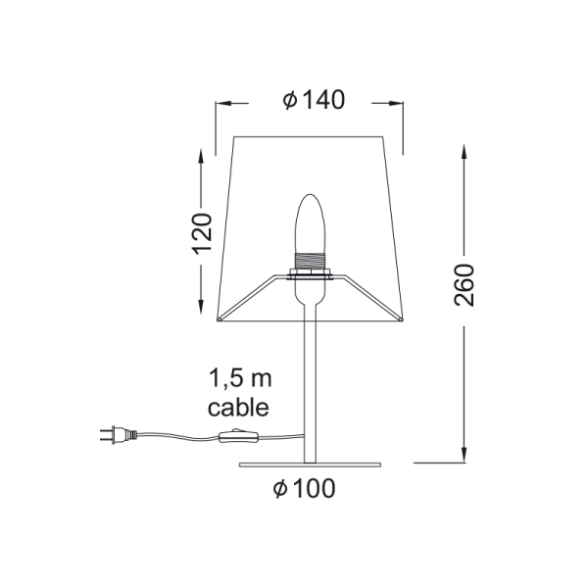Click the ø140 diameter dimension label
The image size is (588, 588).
point(313,101)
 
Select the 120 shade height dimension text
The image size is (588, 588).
point(202,233)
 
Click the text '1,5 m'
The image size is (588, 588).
point(237,378)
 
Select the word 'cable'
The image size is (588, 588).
point(238,406)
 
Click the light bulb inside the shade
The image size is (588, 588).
point(312,224)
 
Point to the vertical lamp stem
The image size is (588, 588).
point(312,382)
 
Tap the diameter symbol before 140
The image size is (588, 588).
point(289,101)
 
